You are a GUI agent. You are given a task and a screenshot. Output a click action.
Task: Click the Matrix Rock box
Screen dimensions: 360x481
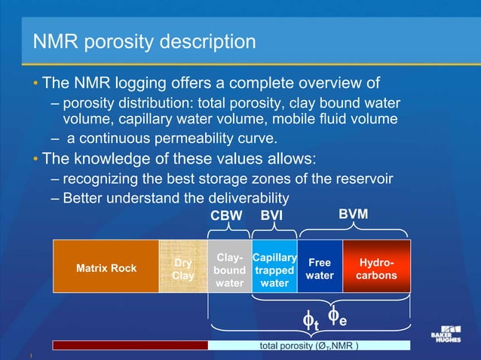coord(106,268)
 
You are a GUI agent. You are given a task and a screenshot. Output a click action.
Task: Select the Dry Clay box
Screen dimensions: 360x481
coord(182,269)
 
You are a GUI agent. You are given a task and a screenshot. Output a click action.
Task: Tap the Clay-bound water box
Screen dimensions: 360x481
coord(228,270)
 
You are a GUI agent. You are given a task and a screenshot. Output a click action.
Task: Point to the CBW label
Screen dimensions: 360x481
coord(226,215)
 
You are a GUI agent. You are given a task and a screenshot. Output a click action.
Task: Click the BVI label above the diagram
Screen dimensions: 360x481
coord(272,215)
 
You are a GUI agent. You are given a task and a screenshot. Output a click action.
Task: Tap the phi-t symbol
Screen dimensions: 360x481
coord(310,321)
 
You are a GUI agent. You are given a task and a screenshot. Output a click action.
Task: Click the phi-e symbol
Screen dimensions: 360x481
coord(339,317)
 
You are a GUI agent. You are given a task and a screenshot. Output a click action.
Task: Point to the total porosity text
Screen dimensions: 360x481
coord(308,346)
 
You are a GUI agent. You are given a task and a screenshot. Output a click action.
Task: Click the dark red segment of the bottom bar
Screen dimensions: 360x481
coord(130,345)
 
